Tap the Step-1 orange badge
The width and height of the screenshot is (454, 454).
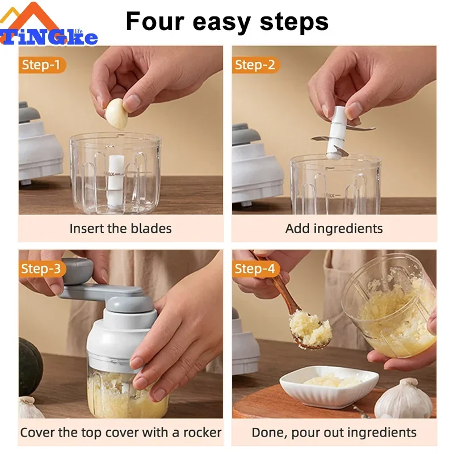point(41,65)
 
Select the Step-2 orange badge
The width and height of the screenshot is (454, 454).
point(255,65)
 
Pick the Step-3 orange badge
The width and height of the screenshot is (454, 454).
point(41,268)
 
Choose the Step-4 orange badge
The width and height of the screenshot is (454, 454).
point(255,268)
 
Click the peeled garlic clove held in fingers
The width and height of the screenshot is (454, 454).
point(116,112)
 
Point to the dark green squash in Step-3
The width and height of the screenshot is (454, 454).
point(30,367)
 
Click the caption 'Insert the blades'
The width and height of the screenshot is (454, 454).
point(120,229)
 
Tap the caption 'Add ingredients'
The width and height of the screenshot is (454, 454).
point(334,229)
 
